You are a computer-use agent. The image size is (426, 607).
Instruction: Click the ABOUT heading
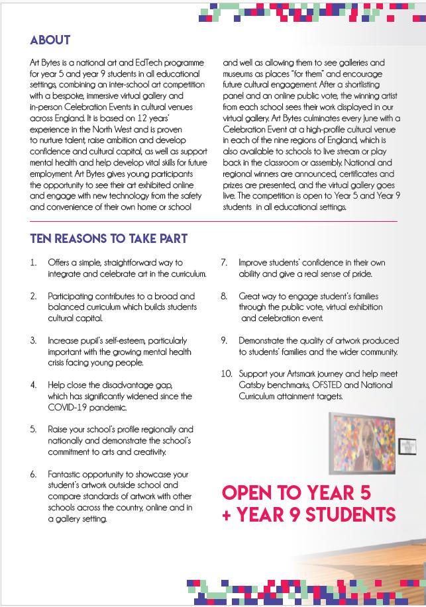pyautogui.click(x=50, y=40)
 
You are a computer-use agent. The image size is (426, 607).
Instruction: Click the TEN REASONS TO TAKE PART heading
pyautogui.click(x=109, y=238)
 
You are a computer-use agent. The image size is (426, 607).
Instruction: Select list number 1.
pyautogui.click(x=33, y=263)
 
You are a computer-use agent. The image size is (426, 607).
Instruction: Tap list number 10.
pyautogui.click(x=226, y=373)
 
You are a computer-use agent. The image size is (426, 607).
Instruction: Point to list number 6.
pyautogui.click(x=33, y=475)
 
